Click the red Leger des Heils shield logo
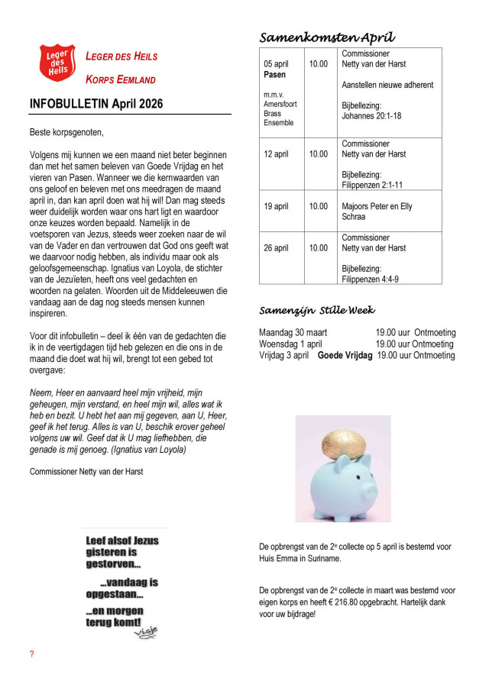(x=58, y=63)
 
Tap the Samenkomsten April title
(x=327, y=37)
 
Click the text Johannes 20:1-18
(x=371, y=116)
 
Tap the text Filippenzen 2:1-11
(x=373, y=185)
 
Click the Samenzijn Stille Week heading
(x=317, y=310)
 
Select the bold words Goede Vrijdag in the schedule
(x=345, y=355)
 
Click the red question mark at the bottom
(x=32, y=654)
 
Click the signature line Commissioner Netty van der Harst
(x=86, y=471)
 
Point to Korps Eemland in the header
(x=121, y=79)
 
